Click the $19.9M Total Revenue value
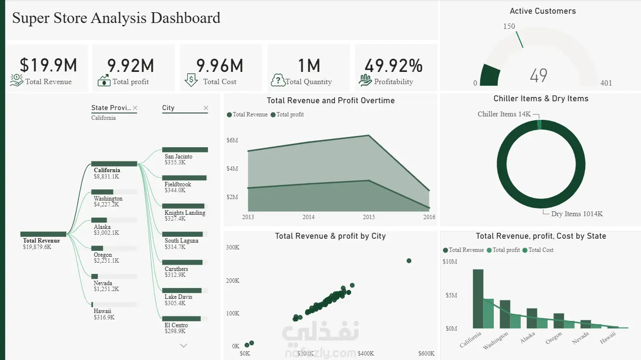pyautogui.click(x=48, y=65)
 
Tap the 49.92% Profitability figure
pyautogui.click(x=394, y=66)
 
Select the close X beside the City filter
pyautogui.click(x=206, y=108)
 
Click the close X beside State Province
pyautogui.click(x=135, y=108)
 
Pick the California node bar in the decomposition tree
pyautogui.click(x=114, y=164)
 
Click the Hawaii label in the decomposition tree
pyautogui.click(x=102, y=311)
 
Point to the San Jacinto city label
pyautogui.click(x=178, y=157)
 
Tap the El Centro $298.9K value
pyautogui.click(x=175, y=331)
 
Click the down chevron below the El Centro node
pyautogui.click(x=183, y=346)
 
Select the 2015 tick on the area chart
pyautogui.click(x=369, y=217)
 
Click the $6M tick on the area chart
pyautogui.click(x=232, y=140)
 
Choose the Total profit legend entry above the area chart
pyautogui.click(x=287, y=114)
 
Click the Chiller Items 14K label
pyautogui.click(x=504, y=114)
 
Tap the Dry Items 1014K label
pyautogui.click(x=576, y=214)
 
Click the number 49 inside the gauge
pyautogui.click(x=538, y=75)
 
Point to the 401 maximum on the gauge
pyautogui.click(x=606, y=83)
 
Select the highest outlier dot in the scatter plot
pyautogui.click(x=409, y=261)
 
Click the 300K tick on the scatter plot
pyautogui.click(x=233, y=247)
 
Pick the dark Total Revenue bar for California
pyautogui.click(x=478, y=299)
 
